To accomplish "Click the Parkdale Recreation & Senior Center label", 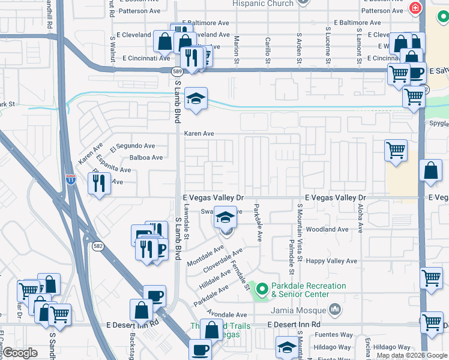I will tap(309, 290).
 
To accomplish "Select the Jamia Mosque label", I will tap(297, 310).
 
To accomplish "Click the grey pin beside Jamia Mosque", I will tap(334, 310).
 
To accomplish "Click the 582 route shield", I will tap(98, 245).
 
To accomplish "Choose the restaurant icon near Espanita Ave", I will tap(99, 183).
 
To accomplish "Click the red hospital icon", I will tap(414, 8).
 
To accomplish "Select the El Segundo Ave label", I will tap(133, 146).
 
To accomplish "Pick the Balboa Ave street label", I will tap(146, 158).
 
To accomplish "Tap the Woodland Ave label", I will tap(328, 230).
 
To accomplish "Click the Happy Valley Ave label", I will tap(331, 261).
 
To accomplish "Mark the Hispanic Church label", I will tap(264, 4).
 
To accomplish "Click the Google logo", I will tap(20, 353).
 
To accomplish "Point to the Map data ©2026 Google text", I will tap(411, 355).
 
